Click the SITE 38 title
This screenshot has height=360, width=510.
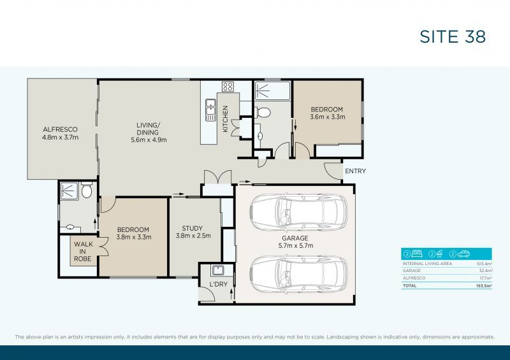coord(453,36)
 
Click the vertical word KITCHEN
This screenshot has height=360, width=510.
coord(225,119)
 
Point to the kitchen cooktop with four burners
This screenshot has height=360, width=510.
coord(228,87)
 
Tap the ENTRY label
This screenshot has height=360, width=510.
coord(355,171)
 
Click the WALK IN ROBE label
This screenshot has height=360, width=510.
coord(82,251)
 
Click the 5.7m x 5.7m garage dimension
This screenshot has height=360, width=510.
coord(297,245)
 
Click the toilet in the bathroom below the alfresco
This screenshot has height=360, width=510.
coord(87,191)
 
